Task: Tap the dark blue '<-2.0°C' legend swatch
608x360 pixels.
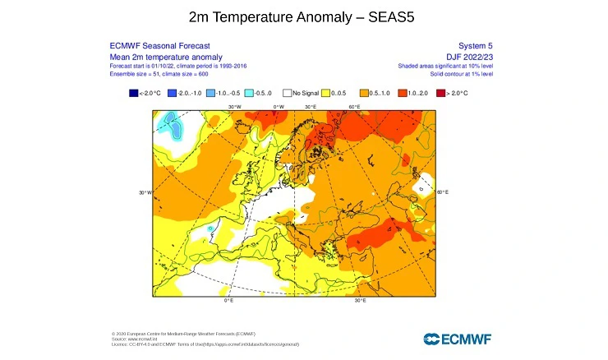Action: (x=134, y=95)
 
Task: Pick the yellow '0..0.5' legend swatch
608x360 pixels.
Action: (x=325, y=95)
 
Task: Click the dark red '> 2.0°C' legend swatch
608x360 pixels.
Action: (x=440, y=95)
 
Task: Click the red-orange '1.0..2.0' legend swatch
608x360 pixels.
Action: (x=402, y=95)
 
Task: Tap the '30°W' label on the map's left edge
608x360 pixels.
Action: (x=144, y=192)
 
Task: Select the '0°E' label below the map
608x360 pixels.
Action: (x=228, y=301)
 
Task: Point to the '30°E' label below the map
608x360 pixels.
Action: (x=360, y=301)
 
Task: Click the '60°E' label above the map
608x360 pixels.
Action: (x=355, y=106)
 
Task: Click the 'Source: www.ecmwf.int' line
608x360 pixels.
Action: (x=135, y=339)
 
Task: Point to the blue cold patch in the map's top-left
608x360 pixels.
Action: (x=172, y=124)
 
